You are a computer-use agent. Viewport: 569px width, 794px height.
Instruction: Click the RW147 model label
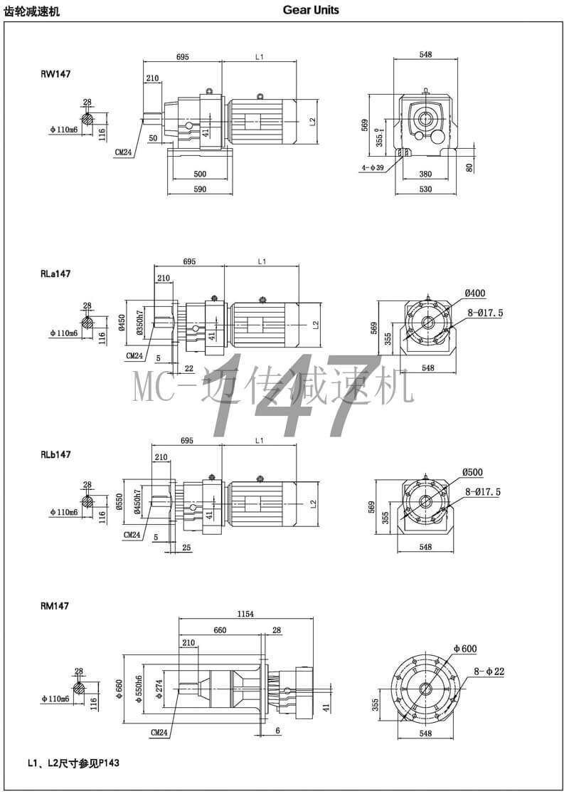coord(55,73)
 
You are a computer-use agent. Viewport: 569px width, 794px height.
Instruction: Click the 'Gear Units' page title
coord(311,10)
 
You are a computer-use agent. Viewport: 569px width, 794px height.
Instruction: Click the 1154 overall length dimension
coord(246,613)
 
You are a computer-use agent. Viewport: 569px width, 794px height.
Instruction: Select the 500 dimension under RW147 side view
coord(200,174)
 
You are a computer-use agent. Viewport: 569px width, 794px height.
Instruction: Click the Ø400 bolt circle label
coord(475,293)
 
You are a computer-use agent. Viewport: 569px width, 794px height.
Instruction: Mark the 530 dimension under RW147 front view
coord(426,189)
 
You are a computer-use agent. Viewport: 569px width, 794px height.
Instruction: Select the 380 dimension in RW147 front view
coord(425,174)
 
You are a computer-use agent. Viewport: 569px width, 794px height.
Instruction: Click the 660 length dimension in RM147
coord(220,630)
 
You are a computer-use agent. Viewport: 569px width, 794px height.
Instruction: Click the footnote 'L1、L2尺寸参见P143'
coord(73,763)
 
